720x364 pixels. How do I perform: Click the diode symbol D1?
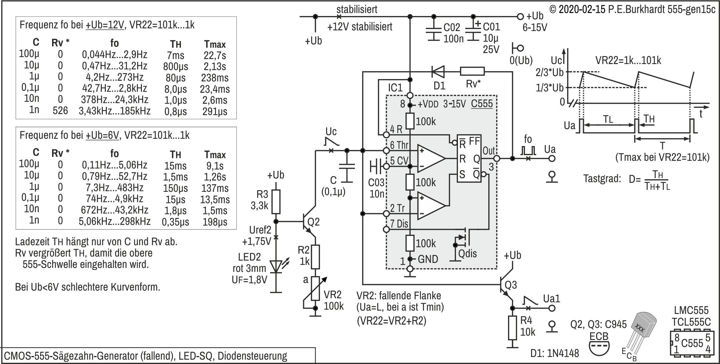pos(438,71)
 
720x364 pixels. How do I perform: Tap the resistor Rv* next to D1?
pos(472,71)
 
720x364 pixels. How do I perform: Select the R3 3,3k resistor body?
pos(276,202)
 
